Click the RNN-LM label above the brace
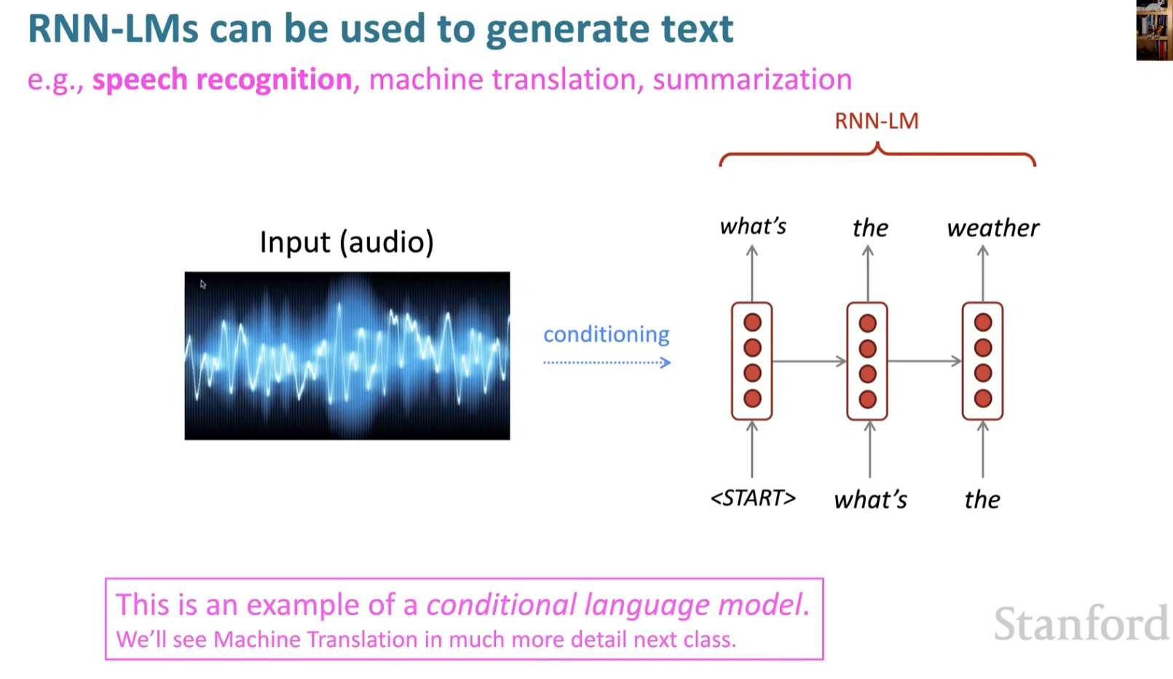(x=876, y=121)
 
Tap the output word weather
(x=992, y=228)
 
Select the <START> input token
(x=753, y=498)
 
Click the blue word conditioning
(x=606, y=334)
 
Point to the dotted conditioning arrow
(x=606, y=362)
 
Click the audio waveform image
(x=347, y=356)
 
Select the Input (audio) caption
(x=347, y=242)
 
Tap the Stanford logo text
(x=1081, y=624)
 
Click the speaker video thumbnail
(x=1154, y=31)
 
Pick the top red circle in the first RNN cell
(x=752, y=323)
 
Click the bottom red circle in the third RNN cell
(x=983, y=399)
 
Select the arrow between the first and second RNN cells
(x=809, y=361)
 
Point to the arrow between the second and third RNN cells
(x=924, y=361)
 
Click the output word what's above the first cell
(x=753, y=227)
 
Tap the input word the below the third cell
(x=982, y=500)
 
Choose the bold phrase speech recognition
(x=222, y=79)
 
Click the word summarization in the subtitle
(x=752, y=79)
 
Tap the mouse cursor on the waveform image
(x=203, y=284)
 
